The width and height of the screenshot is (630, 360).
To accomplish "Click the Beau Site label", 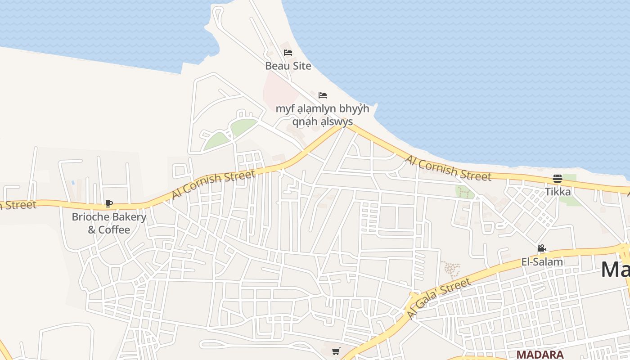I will (288, 66).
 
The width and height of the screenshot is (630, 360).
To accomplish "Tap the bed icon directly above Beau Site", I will (288, 53).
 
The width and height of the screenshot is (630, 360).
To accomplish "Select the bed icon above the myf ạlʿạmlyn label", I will (322, 95).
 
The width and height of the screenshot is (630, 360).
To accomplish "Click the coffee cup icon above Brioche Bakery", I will (108, 203).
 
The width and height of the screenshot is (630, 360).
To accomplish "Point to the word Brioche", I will (90, 217).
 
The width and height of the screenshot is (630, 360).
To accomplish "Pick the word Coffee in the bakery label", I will (114, 230).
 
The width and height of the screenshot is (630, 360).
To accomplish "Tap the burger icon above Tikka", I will (558, 179).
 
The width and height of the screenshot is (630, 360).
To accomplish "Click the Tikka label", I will (558, 192).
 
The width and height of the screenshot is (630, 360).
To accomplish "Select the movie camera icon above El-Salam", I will (541, 248).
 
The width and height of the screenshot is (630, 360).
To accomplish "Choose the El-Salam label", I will (542, 262).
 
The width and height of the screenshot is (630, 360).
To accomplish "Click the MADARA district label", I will (540, 355).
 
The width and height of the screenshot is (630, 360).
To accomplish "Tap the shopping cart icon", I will (336, 351).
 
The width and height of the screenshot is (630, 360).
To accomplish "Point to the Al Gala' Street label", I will (439, 299).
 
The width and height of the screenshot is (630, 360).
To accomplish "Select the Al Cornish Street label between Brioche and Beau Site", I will (213, 184).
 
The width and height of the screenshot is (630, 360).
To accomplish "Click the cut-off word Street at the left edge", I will (18, 205).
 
